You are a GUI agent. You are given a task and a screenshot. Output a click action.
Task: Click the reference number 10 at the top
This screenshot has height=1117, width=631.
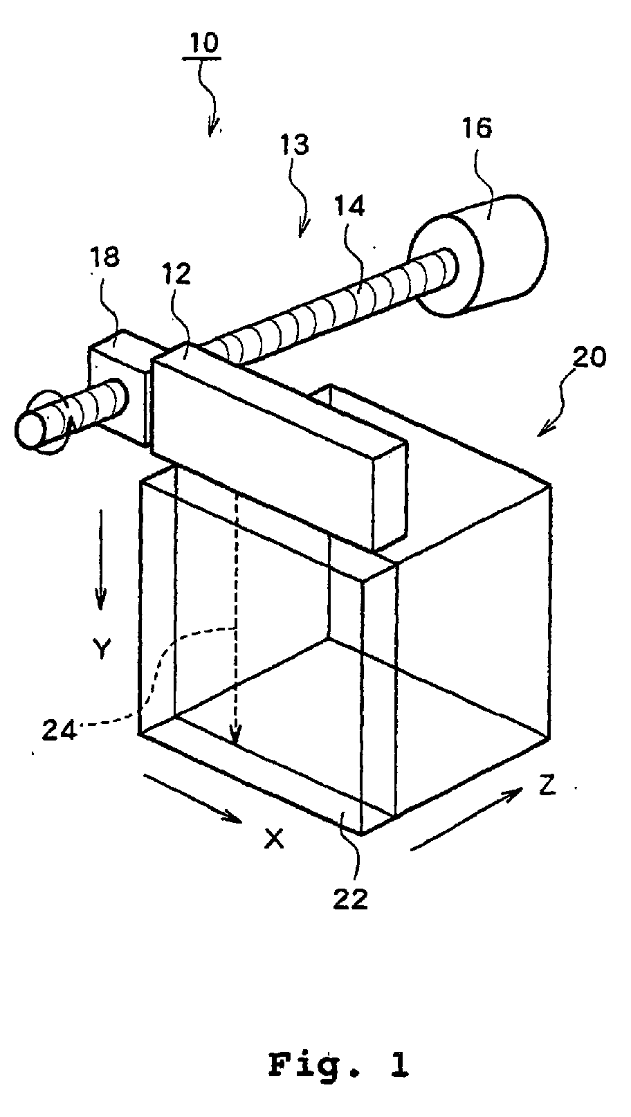[x=201, y=42]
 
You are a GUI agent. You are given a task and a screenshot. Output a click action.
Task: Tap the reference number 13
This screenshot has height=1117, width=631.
[x=295, y=145]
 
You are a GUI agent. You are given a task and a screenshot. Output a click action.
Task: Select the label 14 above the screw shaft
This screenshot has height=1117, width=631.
[x=351, y=206]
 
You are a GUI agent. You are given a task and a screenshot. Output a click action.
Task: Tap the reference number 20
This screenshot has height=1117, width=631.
[x=589, y=357]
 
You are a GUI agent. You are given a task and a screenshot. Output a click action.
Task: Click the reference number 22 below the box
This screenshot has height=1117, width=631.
[x=351, y=900]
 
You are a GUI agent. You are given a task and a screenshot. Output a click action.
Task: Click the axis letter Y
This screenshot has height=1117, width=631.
[x=102, y=649]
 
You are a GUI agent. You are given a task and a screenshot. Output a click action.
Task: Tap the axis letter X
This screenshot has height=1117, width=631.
[x=275, y=839]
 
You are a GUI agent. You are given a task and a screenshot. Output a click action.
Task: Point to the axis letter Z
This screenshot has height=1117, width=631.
[x=547, y=786]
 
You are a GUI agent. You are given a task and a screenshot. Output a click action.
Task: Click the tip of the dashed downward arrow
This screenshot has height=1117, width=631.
[x=236, y=743]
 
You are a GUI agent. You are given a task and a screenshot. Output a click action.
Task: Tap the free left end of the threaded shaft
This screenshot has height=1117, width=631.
[x=31, y=429]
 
